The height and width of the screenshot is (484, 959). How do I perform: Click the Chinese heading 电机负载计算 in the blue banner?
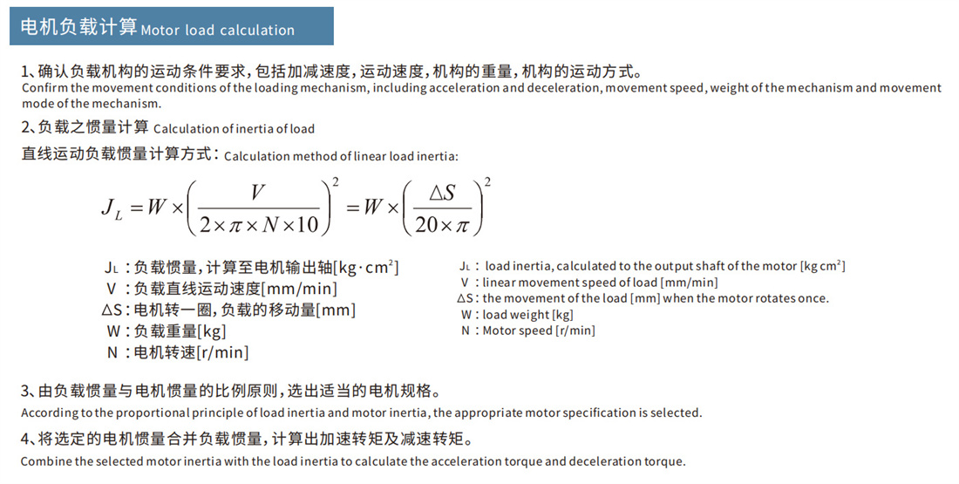pos(78,28)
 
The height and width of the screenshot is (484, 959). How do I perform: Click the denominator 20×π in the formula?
pos(443,225)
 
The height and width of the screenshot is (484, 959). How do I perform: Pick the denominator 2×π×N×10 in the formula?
pos(259,225)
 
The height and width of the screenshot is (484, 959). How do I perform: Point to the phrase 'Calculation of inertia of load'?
pos(234,129)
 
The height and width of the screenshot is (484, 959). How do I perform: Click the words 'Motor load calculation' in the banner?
pos(218,31)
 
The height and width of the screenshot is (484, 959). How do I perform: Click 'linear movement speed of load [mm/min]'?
pos(600,283)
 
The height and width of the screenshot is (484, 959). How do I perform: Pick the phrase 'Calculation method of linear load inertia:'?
pos(341,157)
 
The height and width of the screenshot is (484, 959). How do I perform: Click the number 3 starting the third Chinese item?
pos(25,390)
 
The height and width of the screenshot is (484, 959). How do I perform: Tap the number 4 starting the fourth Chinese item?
pos(25,438)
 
